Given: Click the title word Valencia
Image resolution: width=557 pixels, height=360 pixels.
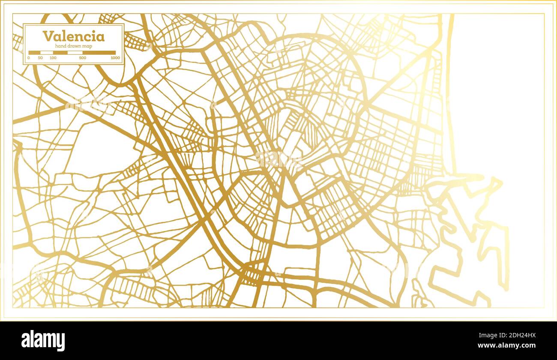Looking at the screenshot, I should (73, 36).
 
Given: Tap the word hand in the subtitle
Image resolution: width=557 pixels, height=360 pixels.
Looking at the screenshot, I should (61, 46).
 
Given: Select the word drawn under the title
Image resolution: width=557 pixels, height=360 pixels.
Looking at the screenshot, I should (76, 46).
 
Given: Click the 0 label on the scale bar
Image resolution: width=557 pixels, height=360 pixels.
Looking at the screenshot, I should (29, 57).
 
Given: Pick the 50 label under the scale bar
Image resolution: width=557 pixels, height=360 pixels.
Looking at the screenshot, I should (40, 57).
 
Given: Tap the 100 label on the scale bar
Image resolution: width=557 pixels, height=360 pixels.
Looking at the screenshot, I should (53, 57).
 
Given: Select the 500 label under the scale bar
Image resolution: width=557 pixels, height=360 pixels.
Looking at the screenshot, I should (82, 57).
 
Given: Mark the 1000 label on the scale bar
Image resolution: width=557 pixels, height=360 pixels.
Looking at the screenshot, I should (115, 57).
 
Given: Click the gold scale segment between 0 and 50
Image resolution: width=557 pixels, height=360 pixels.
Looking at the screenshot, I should (34, 53).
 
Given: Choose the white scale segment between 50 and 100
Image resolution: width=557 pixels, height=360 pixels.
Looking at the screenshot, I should (46, 53).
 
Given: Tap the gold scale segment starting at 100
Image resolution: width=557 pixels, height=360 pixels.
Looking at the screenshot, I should (60, 53).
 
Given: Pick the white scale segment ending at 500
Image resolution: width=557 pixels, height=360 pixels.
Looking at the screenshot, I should (75, 53).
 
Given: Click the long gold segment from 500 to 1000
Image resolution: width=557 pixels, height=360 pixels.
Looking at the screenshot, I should (99, 53).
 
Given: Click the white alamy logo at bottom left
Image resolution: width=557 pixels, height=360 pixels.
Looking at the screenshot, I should (43, 341).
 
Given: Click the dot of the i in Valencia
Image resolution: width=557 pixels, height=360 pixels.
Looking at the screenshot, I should (94, 32).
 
